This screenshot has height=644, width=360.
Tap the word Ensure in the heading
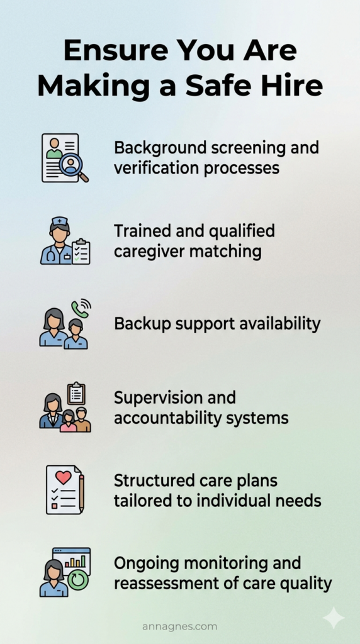point(113,50)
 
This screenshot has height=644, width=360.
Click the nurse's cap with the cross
point(60,221)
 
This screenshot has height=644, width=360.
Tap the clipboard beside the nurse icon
point(81,252)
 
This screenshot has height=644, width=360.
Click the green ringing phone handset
point(79,308)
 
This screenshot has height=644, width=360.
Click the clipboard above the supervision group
point(76,394)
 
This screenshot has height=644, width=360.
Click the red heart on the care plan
point(64,477)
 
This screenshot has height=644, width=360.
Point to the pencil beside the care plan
point(81,493)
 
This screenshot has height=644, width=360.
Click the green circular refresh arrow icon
point(78,580)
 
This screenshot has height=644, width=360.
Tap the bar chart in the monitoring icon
point(77,560)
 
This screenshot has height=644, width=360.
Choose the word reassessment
point(164,583)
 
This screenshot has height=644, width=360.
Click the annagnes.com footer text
point(179,627)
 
